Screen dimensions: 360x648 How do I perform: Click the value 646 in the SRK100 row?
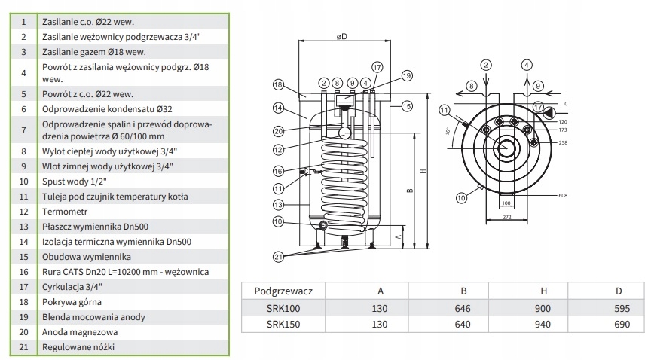pyautogui.click(x=463, y=308)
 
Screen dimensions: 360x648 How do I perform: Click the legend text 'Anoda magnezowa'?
pyautogui.click(x=78, y=331)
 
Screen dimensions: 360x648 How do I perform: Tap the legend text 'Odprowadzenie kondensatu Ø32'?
pyautogui.click(x=104, y=109)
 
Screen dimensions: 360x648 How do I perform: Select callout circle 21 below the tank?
pyautogui.click(x=278, y=257)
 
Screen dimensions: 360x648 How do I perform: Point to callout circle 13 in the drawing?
pyautogui.click(x=278, y=204)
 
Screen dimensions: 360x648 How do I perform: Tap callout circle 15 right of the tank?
pyautogui.click(x=407, y=106)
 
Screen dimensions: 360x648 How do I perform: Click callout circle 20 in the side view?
pyautogui.click(x=278, y=130)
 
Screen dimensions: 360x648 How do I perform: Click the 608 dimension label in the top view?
pyautogui.click(x=561, y=195)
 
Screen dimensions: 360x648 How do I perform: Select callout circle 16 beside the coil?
pyautogui.click(x=278, y=170)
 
